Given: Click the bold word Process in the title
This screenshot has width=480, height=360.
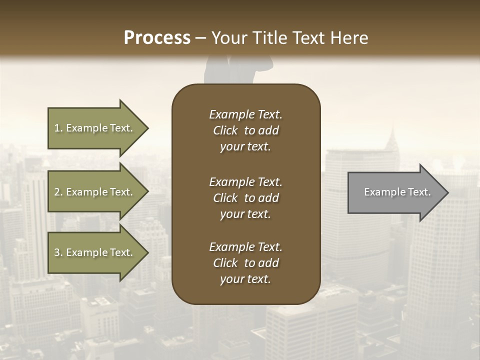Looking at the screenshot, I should tap(157, 37).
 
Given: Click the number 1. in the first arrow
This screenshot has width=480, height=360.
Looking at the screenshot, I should tap(58, 128).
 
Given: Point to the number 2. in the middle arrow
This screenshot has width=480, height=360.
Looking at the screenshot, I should tap(58, 192).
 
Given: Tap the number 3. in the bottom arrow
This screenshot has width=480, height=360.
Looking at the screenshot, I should tap(58, 252).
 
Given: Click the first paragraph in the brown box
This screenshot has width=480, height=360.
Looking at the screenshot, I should tap(245, 130).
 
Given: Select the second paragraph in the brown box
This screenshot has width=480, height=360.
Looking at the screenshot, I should tap(245, 198).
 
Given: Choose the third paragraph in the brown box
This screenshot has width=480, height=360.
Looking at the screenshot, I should tap(245, 263).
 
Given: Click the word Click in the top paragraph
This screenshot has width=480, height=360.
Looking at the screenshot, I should tap(225, 130).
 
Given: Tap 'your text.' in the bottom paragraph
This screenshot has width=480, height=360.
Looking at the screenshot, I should tap(245, 279).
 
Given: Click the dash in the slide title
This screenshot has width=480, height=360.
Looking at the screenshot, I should tap(200, 38).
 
